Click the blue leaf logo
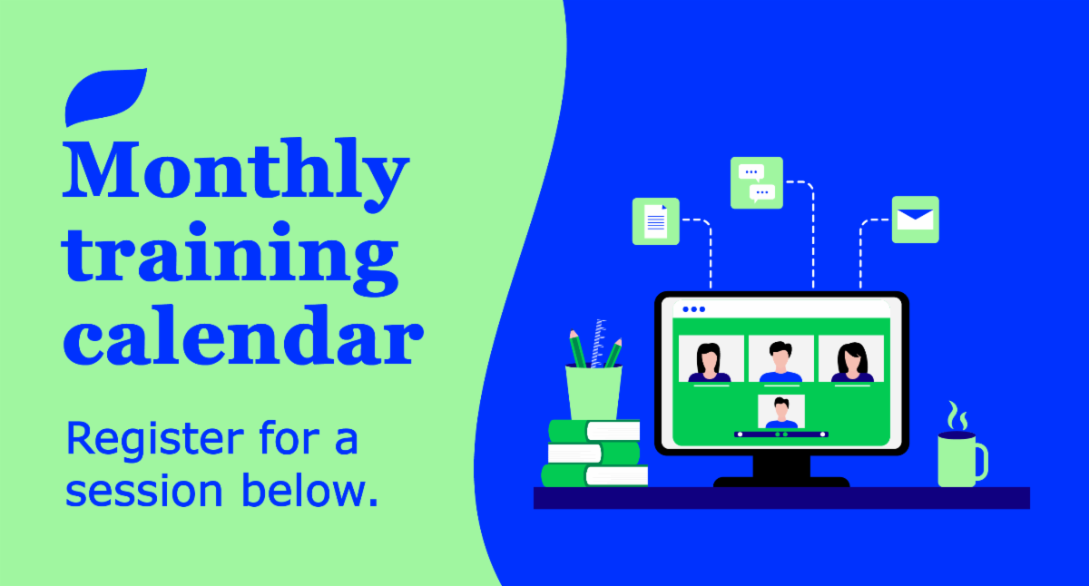104,97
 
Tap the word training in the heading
230,258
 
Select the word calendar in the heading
243,335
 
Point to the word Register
154,440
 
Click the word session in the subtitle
144,491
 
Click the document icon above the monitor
655,221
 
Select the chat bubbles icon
757,182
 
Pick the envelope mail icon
916,220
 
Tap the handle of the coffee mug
983,461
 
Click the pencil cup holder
594,392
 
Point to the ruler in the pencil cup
598,343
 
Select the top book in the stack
594,431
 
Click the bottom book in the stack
594,475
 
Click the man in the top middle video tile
780,362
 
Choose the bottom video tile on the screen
781,412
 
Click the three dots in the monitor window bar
693,309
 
